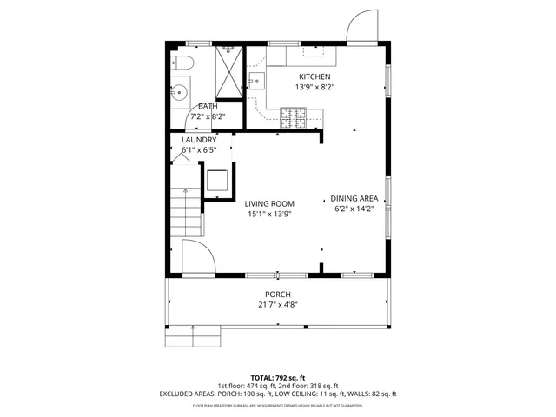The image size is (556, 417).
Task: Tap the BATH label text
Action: tap(207, 106)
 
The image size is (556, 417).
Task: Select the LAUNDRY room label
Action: tap(198, 140)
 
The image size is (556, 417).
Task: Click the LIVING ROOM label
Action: tap(268, 203)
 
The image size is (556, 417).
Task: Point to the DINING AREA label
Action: tap(355, 199)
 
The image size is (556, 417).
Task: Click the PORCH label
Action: tap(278, 295)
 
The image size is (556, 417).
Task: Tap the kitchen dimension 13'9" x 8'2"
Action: tap(314, 87)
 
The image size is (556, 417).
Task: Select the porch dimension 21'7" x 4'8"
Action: tap(278, 304)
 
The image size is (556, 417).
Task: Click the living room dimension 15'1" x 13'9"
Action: tap(268, 214)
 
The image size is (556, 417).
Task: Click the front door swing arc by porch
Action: tap(197, 258)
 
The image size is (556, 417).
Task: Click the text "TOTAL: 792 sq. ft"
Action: tap(278, 378)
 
